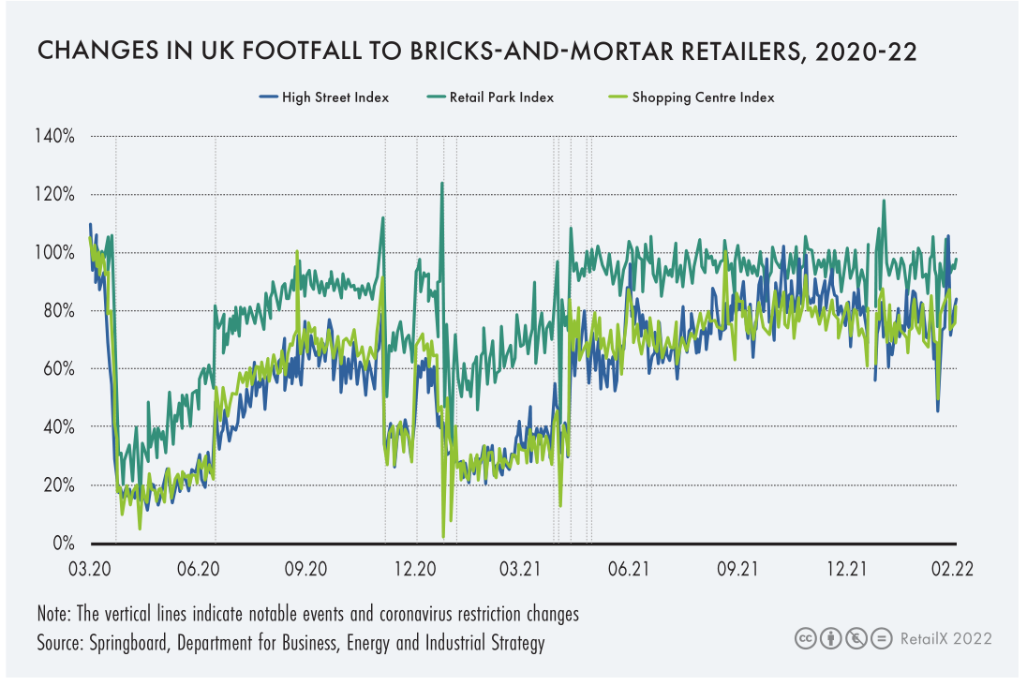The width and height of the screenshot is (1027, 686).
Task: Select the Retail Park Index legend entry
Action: pos(501,97)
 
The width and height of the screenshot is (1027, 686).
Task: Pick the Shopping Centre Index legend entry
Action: pos(703,97)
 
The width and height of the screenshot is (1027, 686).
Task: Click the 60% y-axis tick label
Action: pos(58,369)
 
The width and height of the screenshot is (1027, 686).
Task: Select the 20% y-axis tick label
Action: pos(58,485)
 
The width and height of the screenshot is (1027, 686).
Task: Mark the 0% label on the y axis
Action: pos(63,544)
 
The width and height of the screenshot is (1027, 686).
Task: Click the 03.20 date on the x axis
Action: pos(91,569)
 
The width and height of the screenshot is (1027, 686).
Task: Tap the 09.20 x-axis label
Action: pos(306,569)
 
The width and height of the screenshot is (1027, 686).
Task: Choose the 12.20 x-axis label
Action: pos(415,569)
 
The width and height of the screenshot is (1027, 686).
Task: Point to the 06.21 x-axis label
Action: pos(630,569)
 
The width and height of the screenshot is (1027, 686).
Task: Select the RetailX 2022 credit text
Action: pos(945,639)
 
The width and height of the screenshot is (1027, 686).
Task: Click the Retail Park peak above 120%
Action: pos(441,184)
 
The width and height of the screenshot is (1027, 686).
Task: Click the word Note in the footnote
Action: pos(54,616)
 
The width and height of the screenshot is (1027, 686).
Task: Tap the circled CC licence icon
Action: pos(804,639)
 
